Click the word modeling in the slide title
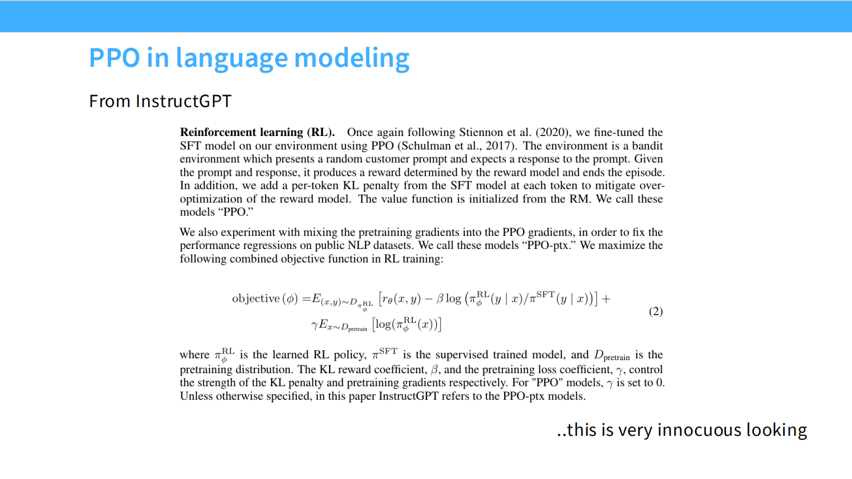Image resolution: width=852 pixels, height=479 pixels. tap(351, 58)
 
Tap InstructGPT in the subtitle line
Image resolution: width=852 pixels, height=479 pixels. tap(183, 101)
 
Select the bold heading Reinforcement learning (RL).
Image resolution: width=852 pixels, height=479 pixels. tap(257, 132)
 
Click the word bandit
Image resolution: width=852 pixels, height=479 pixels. tap(647, 145)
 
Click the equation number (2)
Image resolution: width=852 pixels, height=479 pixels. tap(656, 312)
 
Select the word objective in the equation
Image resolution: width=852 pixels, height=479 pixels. tap(256, 299)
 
